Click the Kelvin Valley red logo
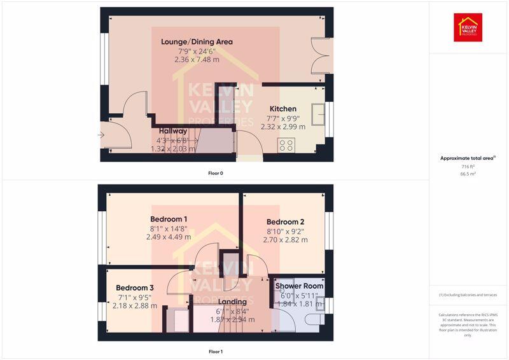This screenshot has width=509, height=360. (468, 27)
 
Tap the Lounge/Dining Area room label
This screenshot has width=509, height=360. (197, 42)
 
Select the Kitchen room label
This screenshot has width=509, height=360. (282, 109)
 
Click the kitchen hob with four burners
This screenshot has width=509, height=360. (286, 145)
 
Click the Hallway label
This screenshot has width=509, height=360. (173, 131)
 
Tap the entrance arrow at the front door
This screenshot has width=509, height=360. (101, 135)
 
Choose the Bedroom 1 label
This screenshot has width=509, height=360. (169, 219)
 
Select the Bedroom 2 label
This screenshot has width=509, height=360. (285, 222)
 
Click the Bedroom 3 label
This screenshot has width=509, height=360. (135, 287)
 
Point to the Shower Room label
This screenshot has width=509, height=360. (299, 286)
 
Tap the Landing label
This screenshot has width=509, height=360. (232, 302)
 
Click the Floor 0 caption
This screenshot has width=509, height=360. (216, 173)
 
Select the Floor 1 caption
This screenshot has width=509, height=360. (216, 351)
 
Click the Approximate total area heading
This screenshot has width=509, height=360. (468, 158)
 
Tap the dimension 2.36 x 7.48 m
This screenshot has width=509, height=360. (197, 59)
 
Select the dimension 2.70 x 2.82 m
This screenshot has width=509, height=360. (285, 240)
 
